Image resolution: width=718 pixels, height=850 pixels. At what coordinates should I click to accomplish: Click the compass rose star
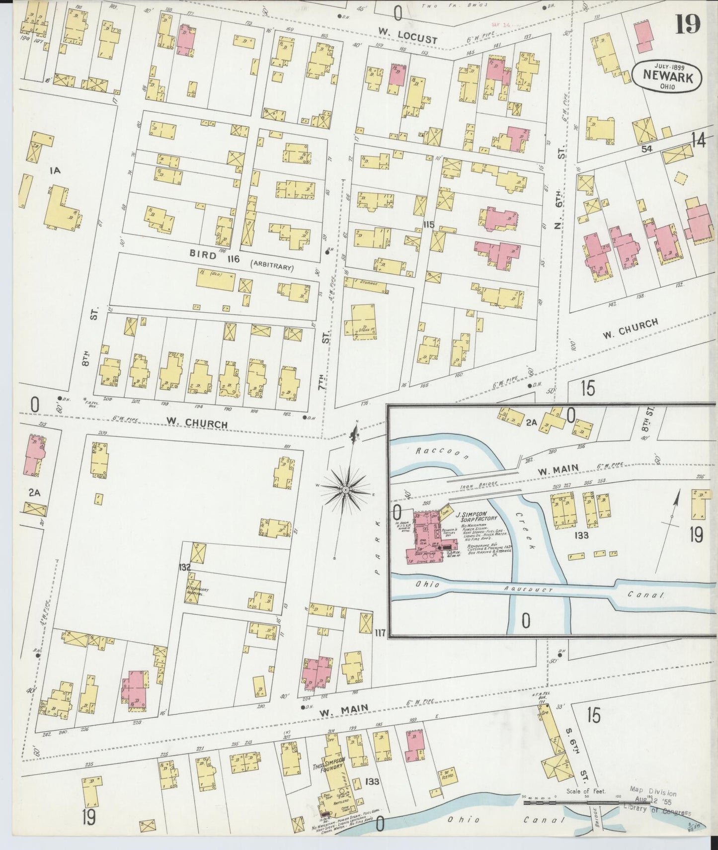(x=345, y=490)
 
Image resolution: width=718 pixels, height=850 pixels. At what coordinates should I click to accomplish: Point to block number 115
(x=429, y=225)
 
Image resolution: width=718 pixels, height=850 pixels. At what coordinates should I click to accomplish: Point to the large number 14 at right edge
(x=698, y=141)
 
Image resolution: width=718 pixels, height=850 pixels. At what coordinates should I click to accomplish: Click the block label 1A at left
(x=55, y=171)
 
